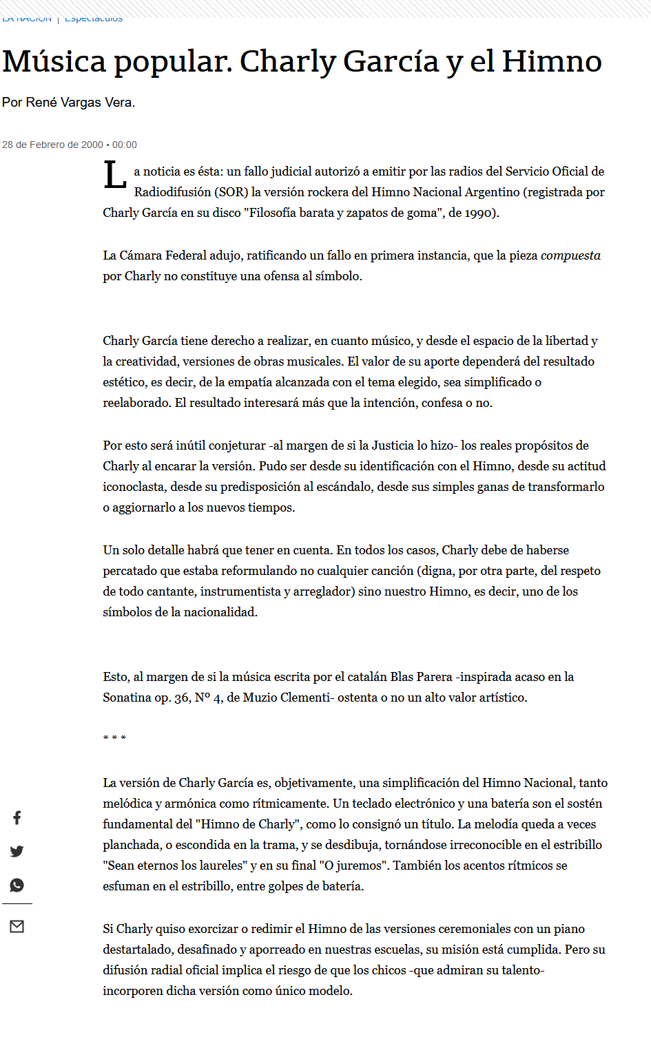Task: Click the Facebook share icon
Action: pyautogui.click(x=17, y=817)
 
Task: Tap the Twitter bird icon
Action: pyautogui.click(x=17, y=851)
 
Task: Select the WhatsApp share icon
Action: pyautogui.click(x=17, y=885)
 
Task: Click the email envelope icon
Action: pyautogui.click(x=17, y=926)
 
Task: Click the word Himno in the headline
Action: pyautogui.click(x=552, y=61)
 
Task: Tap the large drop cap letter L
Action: pyautogui.click(x=115, y=176)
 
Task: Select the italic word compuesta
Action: pyautogui.click(x=570, y=255)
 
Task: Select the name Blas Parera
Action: pyautogui.click(x=421, y=677)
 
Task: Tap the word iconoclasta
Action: pyautogui.click(x=134, y=487)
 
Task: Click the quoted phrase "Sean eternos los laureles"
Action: pyautogui.click(x=175, y=866)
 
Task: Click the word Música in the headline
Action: pyautogui.click(x=54, y=61)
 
